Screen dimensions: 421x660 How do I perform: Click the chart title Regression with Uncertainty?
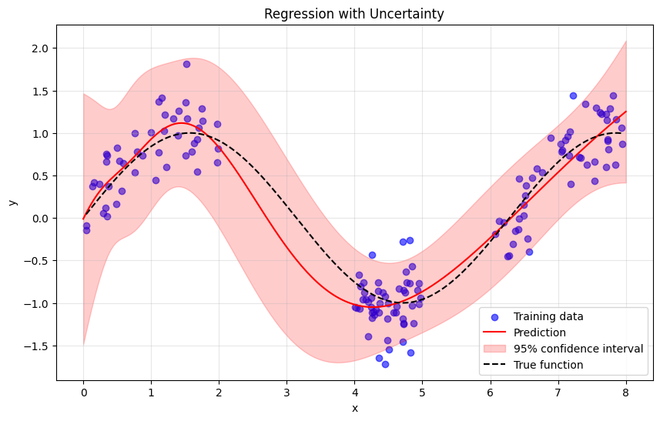[354, 14]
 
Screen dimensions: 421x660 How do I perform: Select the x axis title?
[354, 408]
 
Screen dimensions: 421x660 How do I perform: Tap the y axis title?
[12, 202]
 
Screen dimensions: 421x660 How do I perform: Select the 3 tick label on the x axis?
[286, 393]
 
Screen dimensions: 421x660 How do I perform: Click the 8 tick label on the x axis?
[625, 393]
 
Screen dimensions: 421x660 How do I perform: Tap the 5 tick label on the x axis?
[422, 393]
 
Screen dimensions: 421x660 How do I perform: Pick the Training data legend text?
[548, 316]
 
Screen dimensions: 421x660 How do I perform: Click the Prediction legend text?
[540, 332]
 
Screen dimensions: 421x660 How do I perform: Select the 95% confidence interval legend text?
[578, 349]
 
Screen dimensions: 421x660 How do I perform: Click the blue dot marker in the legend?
[494, 316]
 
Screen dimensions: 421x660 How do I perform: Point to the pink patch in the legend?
[494, 349]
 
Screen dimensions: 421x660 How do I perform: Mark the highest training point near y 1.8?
[186, 64]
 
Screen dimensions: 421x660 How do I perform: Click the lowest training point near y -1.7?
[385, 364]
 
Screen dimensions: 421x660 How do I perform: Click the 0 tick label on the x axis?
[83, 393]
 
